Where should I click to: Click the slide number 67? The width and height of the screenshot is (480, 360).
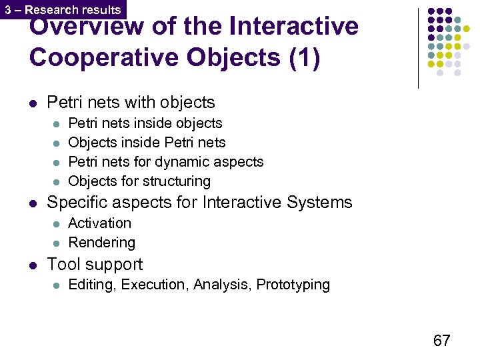pyautogui.click(x=441, y=341)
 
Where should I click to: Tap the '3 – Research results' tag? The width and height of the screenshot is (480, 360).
pyautogui.click(x=63, y=9)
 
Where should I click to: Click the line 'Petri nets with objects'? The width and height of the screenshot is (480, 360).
pyautogui.click(x=131, y=102)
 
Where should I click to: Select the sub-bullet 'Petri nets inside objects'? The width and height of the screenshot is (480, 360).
pyautogui.click(x=145, y=123)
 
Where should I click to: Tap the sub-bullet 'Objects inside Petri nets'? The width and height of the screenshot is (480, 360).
pyautogui.click(x=147, y=143)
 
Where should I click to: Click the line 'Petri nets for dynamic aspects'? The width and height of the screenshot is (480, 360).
pyautogui.click(x=166, y=162)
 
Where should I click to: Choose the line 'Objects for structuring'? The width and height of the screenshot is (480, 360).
pyautogui.click(x=139, y=181)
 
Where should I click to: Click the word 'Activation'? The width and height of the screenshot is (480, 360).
pyautogui.click(x=100, y=223)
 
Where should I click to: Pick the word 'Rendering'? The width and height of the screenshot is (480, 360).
pyautogui.click(x=102, y=243)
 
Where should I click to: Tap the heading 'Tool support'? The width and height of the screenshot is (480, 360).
pyautogui.click(x=95, y=265)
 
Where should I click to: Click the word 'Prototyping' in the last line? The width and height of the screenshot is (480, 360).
pyautogui.click(x=293, y=285)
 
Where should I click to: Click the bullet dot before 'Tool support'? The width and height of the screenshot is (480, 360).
pyautogui.click(x=33, y=265)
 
